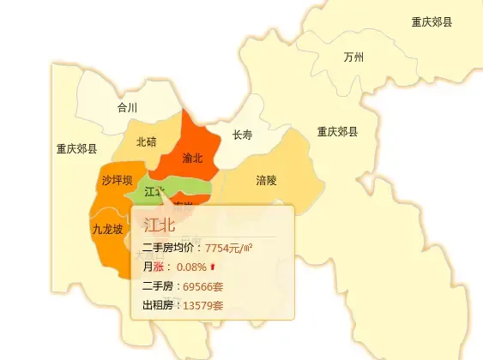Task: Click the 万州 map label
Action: tap(353, 57)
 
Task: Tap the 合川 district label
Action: tap(127, 108)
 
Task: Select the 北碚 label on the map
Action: tap(146, 141)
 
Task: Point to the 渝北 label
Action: tap(192, 158)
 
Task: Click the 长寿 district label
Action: tap(242, 135)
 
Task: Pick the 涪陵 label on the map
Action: tap(266, 181)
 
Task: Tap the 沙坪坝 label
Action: tap(117, 180)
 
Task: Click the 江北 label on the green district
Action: tap(155, 191)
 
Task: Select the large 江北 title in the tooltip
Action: tap(160, 225)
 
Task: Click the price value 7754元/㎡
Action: tap(228, 249)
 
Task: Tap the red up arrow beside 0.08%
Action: tap(213, 267)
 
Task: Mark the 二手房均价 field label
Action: tap(170, 249)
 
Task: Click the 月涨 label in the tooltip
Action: tap(153, 267)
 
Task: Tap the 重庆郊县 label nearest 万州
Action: tap(432, 22)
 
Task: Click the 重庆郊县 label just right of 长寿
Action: tap(337, 132)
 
